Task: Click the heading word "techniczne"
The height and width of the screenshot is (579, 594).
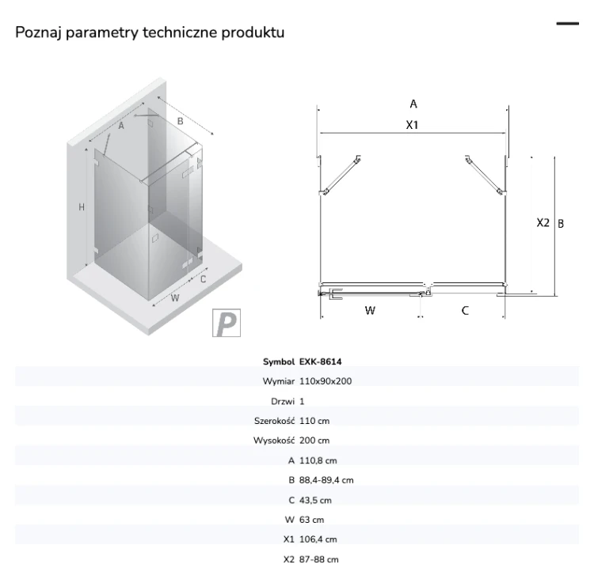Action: coord(180,32)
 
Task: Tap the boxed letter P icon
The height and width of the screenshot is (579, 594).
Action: coord(227,323)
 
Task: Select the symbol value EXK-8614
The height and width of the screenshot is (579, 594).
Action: coord(321,361)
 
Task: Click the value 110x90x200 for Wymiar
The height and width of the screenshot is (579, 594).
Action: coord(326,381)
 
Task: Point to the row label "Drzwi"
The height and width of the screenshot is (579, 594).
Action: coord(283,401)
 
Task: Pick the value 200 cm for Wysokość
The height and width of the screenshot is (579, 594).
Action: coord(314,441)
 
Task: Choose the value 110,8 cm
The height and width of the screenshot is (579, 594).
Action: coord(318,460)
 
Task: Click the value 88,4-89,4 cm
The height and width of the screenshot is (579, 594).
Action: coord(326,480)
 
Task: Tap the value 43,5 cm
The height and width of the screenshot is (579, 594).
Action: coord(315,500)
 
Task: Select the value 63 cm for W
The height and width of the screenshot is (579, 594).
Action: coord(311,520)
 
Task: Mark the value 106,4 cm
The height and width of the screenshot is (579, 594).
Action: coord(318,539)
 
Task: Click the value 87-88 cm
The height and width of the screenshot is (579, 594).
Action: coord(318,559)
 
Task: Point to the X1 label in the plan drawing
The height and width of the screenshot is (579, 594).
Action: coord(412,125)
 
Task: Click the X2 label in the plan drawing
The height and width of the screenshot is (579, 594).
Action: coord(543,223)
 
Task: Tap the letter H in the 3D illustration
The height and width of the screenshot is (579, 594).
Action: coord(82,207)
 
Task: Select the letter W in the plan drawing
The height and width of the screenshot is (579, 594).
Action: coord(370,311)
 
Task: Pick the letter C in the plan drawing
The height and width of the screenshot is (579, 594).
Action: coord(465,311)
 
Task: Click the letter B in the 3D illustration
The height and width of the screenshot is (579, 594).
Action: coord(181,121)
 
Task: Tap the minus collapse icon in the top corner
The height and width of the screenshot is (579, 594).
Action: coord(568,24)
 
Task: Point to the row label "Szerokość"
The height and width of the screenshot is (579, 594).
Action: coord(274,421)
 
